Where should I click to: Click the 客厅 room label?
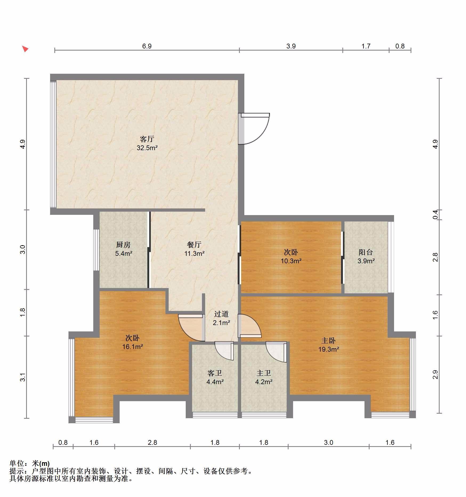coord(147,139)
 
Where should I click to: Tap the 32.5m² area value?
coord(147,148)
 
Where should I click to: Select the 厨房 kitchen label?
coord(123,245)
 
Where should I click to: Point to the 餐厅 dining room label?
coord(194,245)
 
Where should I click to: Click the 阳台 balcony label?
coord(366,252)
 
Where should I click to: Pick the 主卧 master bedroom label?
coord(329,340)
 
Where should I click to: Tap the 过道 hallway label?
coord(221,314)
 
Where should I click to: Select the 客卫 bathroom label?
coord(215,373)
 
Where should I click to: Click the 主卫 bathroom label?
coord(264,373)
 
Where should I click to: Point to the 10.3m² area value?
coord(291,261)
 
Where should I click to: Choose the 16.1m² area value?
coord(133,347)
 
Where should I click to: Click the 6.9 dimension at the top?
coord(147,46)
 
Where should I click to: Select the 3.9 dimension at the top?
coord(291,46)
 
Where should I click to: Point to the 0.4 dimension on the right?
coord(435,215)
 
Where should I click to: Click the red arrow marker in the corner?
coord(25,49)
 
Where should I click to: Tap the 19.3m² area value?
coord(329,349)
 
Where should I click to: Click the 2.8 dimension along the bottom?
coord(152,442)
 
